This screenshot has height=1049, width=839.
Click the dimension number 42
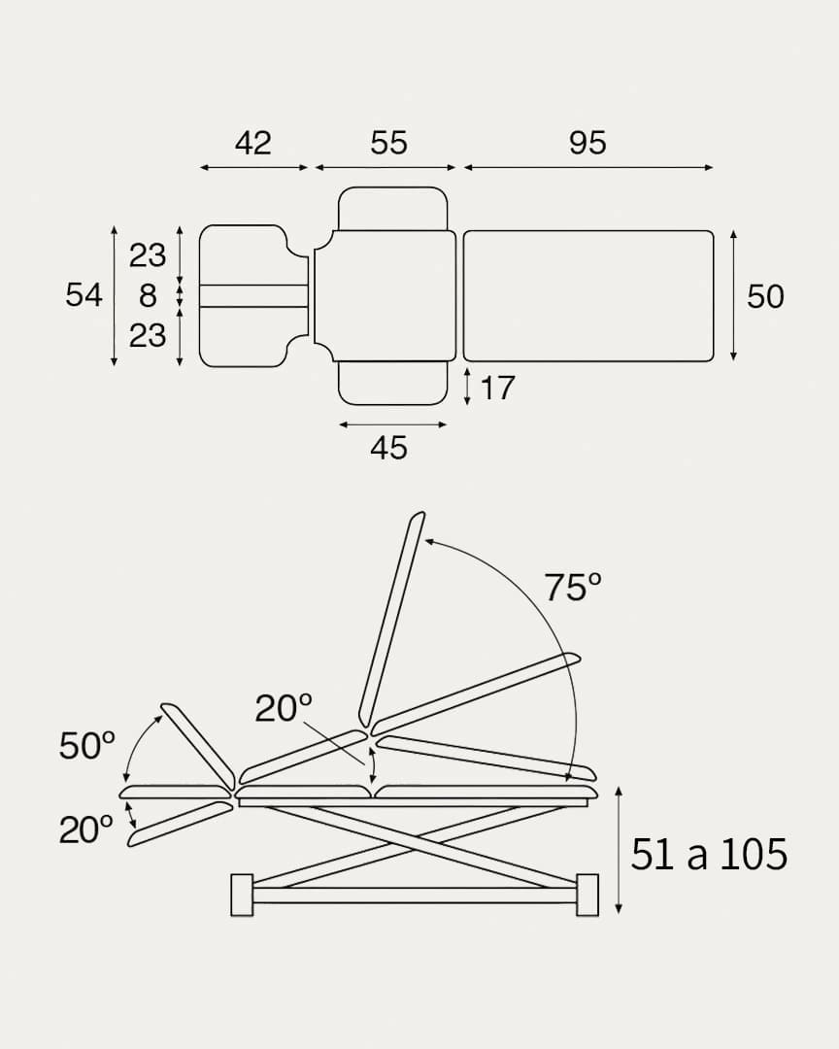pos(252,143)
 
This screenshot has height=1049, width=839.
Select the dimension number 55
pos(388,143)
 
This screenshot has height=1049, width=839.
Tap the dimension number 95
pos(587,143)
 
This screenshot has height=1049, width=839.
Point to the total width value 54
pos(84,295)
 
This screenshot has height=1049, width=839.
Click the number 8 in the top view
pos(148,295)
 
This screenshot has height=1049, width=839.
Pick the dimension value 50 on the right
pos(765,296)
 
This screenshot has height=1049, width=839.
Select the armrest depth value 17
pos(498,388)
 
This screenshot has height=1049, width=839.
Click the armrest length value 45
pos(388,448)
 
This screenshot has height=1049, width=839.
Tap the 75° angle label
pos(572,588)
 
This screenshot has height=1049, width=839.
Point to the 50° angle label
pos(87,745)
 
